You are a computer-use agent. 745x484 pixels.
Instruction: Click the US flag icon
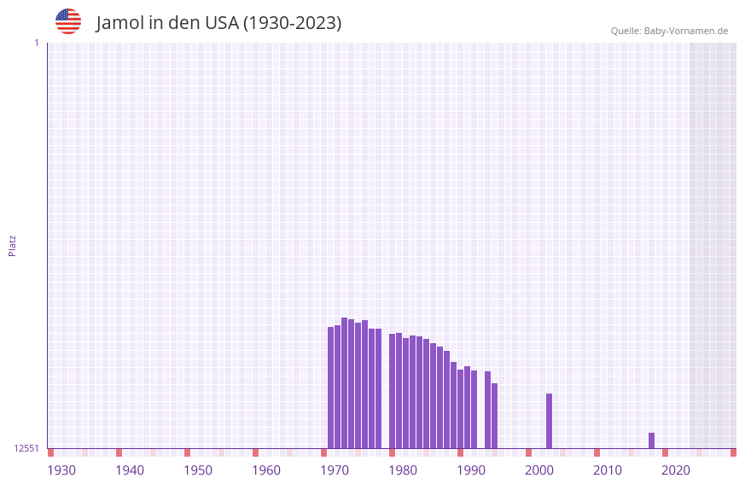coord(68,21)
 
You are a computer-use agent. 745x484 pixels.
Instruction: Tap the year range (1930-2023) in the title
coord(292,23)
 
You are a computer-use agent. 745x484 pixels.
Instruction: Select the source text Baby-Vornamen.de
coord(685,31)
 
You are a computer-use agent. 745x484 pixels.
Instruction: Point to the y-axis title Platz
coord(12,245)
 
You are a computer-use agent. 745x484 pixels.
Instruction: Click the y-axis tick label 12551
coord(26,448)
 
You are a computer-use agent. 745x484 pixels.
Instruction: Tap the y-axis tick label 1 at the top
coord(36,43)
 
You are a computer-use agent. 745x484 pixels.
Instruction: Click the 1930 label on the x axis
coord(61,470)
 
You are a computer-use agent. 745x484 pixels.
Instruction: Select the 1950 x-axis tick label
coord(198,470)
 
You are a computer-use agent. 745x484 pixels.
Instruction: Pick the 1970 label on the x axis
coord(335,470)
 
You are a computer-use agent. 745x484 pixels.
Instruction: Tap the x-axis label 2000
coord(539,470)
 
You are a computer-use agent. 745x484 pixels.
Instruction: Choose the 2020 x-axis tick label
coord(676,470)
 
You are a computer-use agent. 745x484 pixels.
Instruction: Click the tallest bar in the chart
coord(344,382)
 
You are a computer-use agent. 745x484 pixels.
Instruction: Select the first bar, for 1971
coord(330,388)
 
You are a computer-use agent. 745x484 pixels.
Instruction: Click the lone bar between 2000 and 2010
coord(549,421)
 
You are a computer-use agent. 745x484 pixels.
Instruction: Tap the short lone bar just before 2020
coord(651,440)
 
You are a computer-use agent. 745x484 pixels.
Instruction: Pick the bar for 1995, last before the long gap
coord(494,416)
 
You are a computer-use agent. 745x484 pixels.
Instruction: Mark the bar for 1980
coord(392,391)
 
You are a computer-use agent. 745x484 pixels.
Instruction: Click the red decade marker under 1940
coord(119,452)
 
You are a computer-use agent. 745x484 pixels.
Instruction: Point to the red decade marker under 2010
coord(597,452)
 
